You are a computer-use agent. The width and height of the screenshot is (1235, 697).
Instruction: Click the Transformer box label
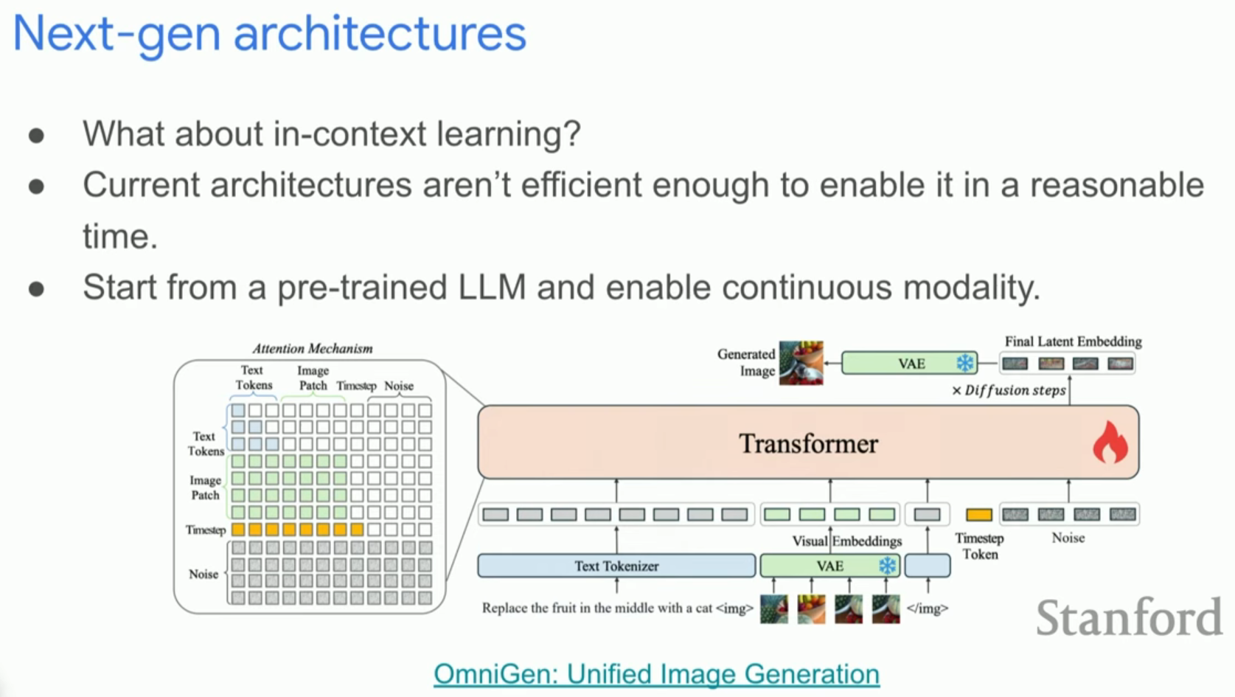coord(808,443)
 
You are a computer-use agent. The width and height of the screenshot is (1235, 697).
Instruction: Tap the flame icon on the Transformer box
coord(1109,443)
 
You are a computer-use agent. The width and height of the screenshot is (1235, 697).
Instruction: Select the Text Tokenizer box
coord(616,566)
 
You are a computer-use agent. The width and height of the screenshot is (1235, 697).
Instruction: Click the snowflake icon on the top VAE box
coord(964,363)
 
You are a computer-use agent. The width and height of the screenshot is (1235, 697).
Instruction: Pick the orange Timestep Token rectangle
coord(978,515)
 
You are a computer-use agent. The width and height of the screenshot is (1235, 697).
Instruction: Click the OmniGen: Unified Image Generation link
coord(656,673)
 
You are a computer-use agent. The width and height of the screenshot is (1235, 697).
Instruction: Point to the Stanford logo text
coord(1128,618)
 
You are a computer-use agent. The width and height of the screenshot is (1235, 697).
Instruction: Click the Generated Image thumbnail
coord(801,362)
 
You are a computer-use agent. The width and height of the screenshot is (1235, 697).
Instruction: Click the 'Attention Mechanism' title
coord(313,348)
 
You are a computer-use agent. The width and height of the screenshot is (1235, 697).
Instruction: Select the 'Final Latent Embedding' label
coord(1073,341)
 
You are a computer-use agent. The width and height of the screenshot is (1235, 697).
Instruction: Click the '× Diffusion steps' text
coord(1009,390)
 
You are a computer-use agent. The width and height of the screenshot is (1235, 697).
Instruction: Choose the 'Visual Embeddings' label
coord(846,541)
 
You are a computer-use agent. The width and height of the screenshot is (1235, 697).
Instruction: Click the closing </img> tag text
coord(927,608)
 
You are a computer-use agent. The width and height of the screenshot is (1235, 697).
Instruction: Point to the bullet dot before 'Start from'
coord(36,288)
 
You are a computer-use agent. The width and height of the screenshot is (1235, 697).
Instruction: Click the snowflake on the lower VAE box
coord(887,566)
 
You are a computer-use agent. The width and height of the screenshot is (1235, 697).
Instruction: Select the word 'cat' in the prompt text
coord(703,608)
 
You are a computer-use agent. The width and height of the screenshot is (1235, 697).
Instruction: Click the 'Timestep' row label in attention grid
coord(205,530)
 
